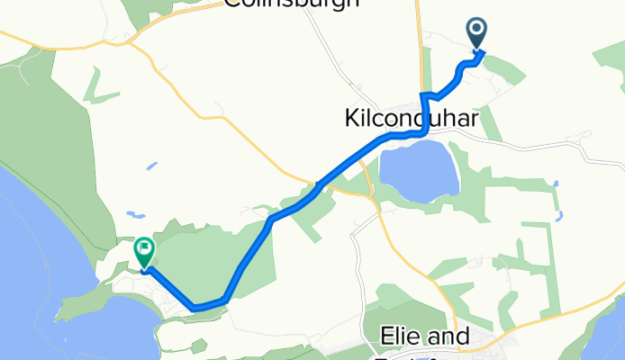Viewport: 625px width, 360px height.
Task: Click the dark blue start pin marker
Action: pyautogui.click(x=476, y=34)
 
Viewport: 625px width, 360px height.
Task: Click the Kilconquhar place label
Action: pyautogui.click(x=411, y=118)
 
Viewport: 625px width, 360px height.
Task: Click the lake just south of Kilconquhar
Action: pyautogui.click(x=416, y=173)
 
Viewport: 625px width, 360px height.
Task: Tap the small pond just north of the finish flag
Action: pyautogui.click(x=134, y=215)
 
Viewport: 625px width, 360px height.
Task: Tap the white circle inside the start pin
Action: pyautogui.click(x=476, y=31)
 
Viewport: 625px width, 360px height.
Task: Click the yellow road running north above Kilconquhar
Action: pyautogui.click(x=420, y=45)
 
